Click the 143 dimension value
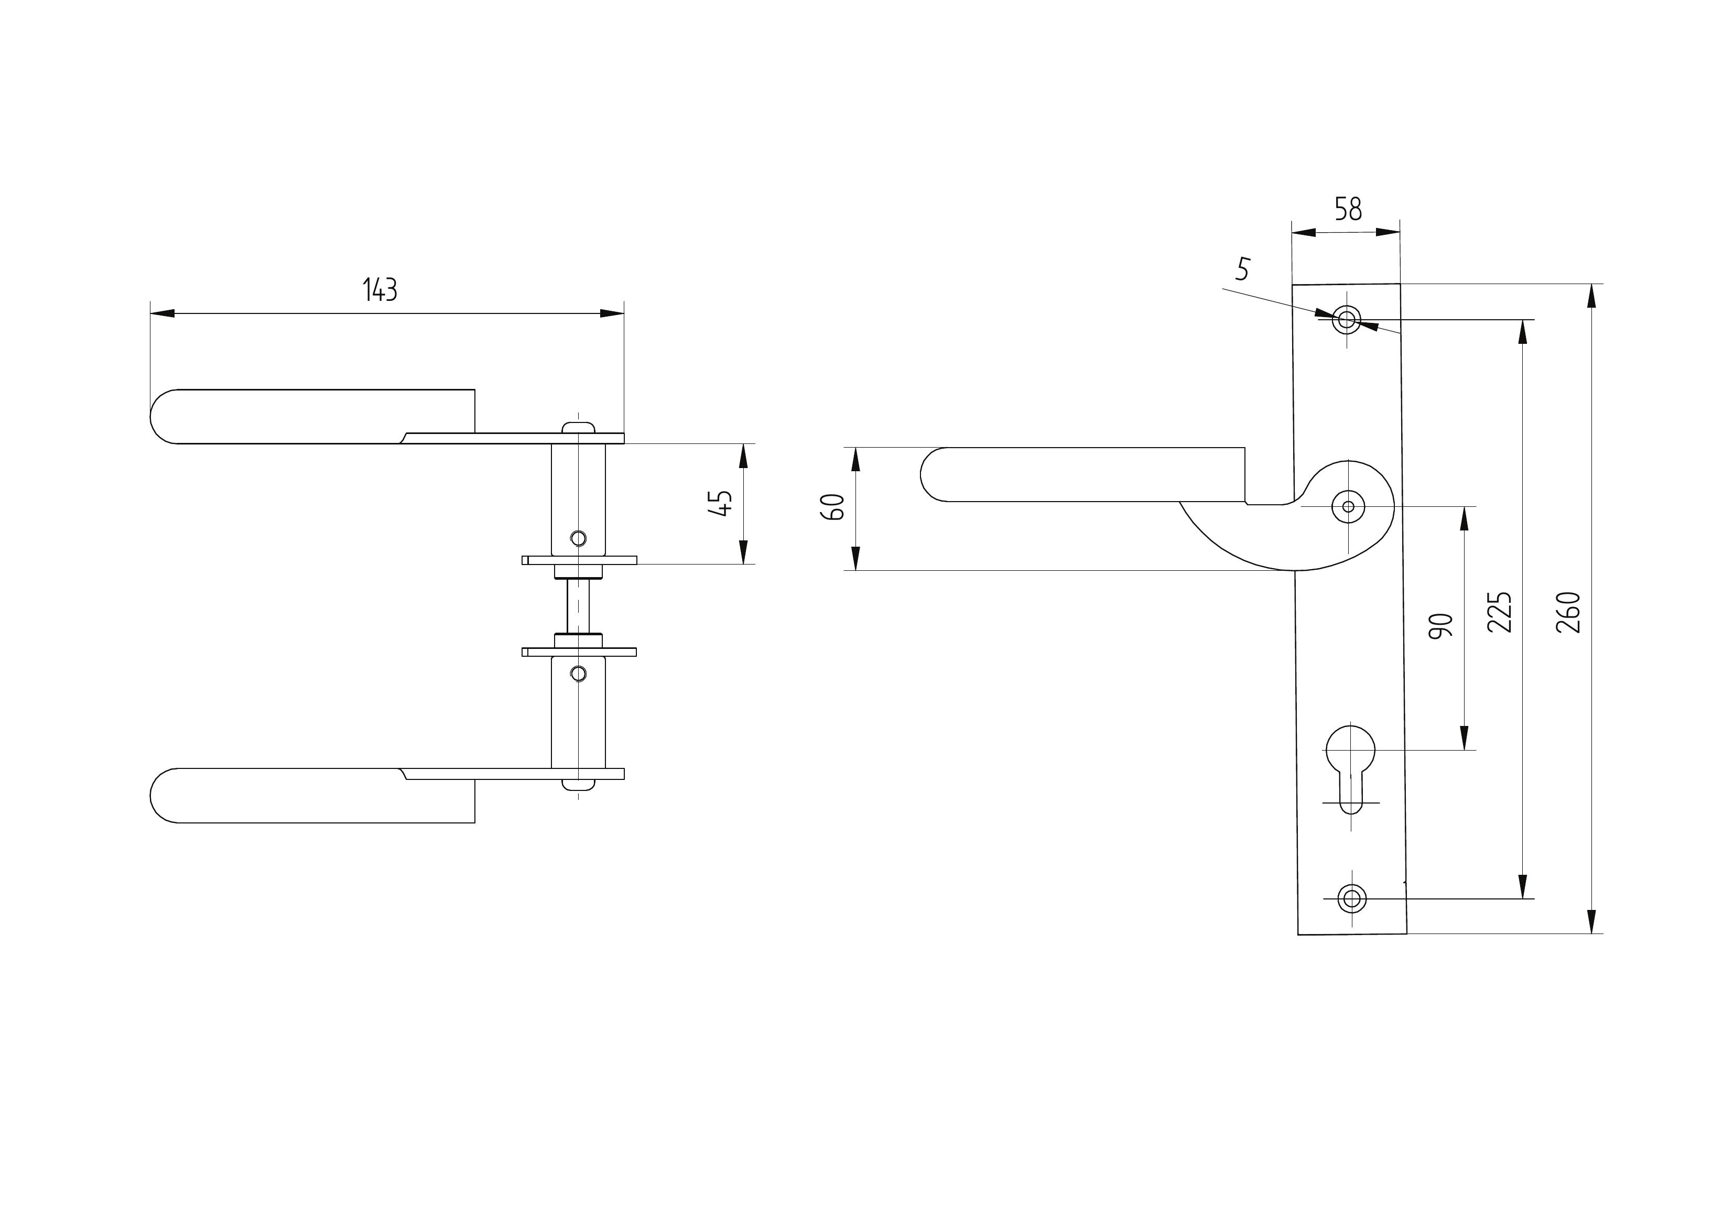click(x=380, y=290)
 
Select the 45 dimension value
click(x=722, y=503)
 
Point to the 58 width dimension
click(x=1348, y=209)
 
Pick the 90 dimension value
click(x=1442, y=626)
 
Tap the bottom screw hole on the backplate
click(x=1352, y=899)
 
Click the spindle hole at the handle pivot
click(x=1348, y=506)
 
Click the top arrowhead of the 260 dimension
click(x=1591, y=296)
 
